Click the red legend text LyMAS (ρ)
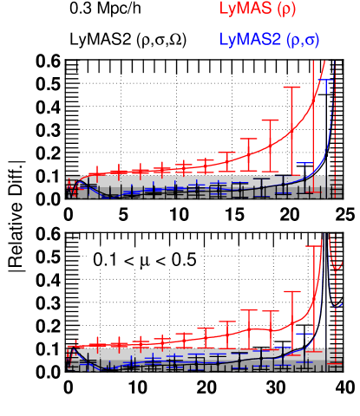[260, 10]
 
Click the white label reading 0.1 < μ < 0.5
[143, 259]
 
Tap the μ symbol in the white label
[144, 260]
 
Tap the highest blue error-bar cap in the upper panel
[326, 80]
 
